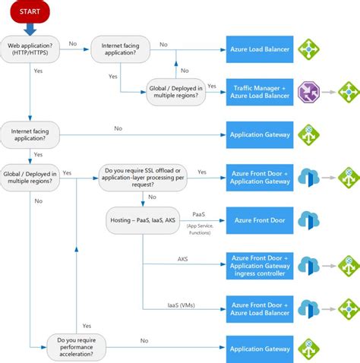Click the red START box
(x=30, y=12)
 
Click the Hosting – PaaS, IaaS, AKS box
(x=143, y=221)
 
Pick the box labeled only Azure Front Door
(x=259, y=221)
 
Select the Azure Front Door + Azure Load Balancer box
(x=259, y=308)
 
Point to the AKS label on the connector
(x=183, y=258)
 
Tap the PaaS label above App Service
(x=199, y=215)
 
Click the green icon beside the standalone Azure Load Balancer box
(x=308, y=49)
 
